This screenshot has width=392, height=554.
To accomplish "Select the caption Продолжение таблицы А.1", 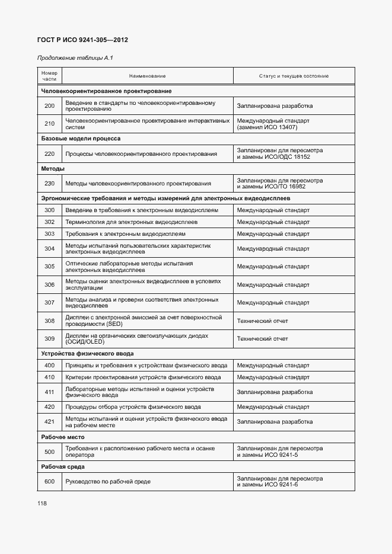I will (x=75, y=58).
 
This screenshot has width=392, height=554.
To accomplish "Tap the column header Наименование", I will (x=147, y=76).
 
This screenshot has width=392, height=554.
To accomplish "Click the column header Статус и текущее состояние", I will (x=294, y=76).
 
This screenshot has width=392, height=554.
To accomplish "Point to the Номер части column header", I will (x=49, y=76).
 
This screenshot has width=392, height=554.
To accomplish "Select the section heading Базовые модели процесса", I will (x=81, y=139).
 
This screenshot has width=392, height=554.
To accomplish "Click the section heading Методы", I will (x=52, y=169).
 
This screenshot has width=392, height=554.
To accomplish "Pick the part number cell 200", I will (x=49, y=106).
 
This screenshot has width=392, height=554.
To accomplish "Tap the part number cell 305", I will (x=49, y=267).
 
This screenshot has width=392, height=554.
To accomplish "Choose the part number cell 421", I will (x=49, y=422).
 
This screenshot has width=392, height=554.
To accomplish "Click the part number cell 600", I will (x=49, y=481).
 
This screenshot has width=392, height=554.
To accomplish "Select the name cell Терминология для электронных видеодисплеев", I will (x=131, y=222).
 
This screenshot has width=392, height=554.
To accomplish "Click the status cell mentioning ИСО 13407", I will (x=273, y=124).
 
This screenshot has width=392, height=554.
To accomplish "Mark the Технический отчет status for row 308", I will (x=262, y=321).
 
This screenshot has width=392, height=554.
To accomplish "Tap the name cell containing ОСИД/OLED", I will (x=136, y=339).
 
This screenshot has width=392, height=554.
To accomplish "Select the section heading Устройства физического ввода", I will (x=87, y=354).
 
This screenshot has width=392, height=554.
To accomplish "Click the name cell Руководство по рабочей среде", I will (x=107, y=481).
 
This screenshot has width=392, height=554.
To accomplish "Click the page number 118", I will (x=42, y=503).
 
